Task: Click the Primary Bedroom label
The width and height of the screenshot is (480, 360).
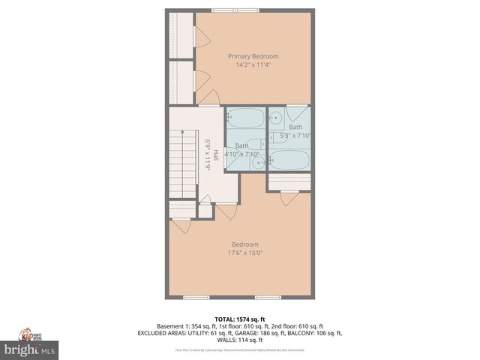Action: click(x=253, y=56)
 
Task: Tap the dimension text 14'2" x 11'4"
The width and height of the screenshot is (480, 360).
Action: click(x=253, y=65)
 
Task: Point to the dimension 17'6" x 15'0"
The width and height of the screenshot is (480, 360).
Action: click(x=245, y=253)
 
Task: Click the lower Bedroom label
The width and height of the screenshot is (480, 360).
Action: click(x=245, y=244)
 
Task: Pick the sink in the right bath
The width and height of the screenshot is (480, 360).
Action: click(x=275, y=117)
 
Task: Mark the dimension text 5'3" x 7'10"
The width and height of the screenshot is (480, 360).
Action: click(x=295, y=136)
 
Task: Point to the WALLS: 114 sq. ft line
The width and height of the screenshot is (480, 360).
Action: click(x=240, y=340)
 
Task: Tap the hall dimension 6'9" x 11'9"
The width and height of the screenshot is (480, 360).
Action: click(x=208, y=154)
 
